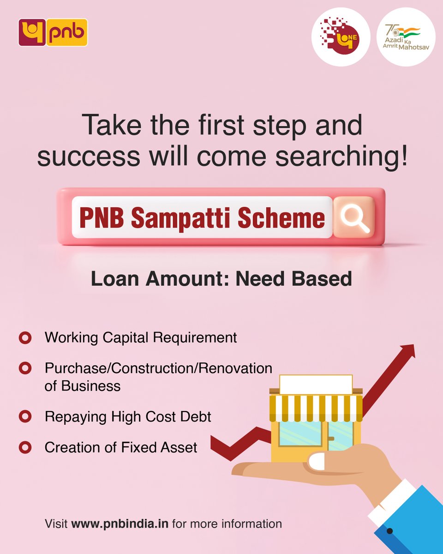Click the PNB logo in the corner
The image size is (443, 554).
pyautogui.click(x=53, y=32)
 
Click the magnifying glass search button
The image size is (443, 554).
pyautogui.click(x=354, y=217)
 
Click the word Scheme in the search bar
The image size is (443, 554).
pyautogui.click(x=281, y=217)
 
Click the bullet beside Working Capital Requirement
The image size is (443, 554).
pyautogui.click(x=25, y=337)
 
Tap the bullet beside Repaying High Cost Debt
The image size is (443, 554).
pyautogui.click(x=25, y=416)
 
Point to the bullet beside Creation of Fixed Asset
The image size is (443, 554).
pyautogui.click(x=25, y=447)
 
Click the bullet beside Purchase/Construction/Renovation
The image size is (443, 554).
pyautogui.click(x=25, y=368)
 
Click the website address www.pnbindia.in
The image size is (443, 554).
pyautogui.click(x=120, y=524)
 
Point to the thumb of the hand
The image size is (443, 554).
pyautogui.click(x=318, y=461)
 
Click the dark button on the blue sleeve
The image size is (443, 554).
pyautogui.click(x=389, y=531)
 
